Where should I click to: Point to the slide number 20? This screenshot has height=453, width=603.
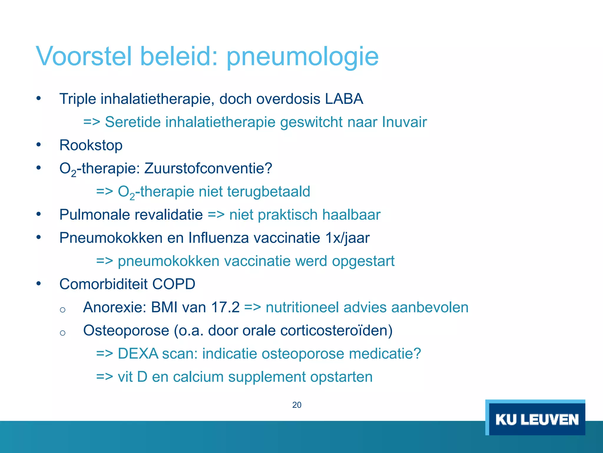click(296, 405)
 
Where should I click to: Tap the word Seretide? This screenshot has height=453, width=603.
click(132, 122)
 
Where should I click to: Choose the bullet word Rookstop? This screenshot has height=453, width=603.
click(91, 145)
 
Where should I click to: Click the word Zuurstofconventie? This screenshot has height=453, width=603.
click(208, 168)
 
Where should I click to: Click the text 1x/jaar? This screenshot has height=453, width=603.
click(347, 238)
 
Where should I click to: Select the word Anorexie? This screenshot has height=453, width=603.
click(115, 308)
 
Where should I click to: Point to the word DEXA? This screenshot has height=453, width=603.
click(138, 354)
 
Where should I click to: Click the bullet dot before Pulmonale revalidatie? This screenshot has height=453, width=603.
click(39, 214)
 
